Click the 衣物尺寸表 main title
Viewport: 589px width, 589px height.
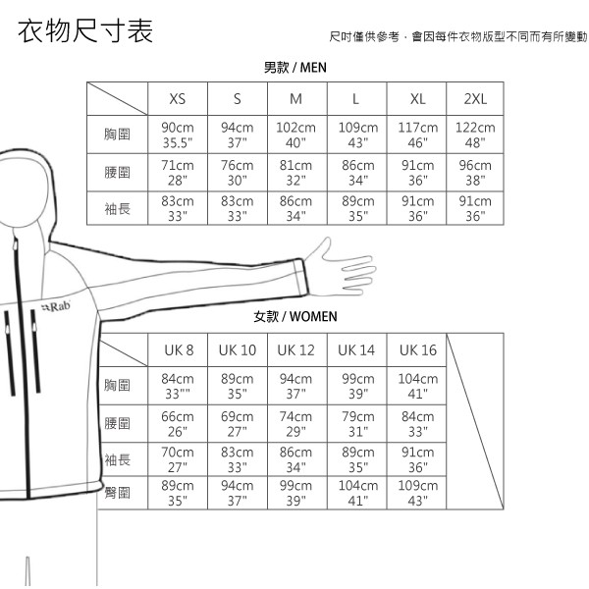(85, 31)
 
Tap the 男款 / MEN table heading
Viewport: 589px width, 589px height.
(294, 68)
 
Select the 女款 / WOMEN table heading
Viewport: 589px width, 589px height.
(294, 317)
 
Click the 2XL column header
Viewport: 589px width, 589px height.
(475, 99)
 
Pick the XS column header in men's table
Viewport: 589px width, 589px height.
(178, 99)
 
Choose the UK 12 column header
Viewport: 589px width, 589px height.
(295, 350)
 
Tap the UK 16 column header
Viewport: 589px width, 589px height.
(418, 350)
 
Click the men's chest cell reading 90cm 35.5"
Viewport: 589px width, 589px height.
(178, 134)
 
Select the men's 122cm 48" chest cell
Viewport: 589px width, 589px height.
(475, 134)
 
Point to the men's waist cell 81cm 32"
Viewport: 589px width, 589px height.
(295, 173)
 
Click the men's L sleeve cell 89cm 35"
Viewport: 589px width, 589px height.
(357, 208)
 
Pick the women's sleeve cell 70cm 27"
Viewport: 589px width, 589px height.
(178, 459)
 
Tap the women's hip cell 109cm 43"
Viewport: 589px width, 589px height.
(418, 493)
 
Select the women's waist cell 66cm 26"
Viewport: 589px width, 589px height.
(178, 424)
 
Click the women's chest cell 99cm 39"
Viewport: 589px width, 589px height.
(357, 386)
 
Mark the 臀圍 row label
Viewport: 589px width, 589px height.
(117, 493)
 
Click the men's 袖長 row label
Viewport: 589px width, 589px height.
(117, 208)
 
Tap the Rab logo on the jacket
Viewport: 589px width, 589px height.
(56, 307)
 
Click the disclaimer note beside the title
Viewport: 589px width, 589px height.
(457, 37)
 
